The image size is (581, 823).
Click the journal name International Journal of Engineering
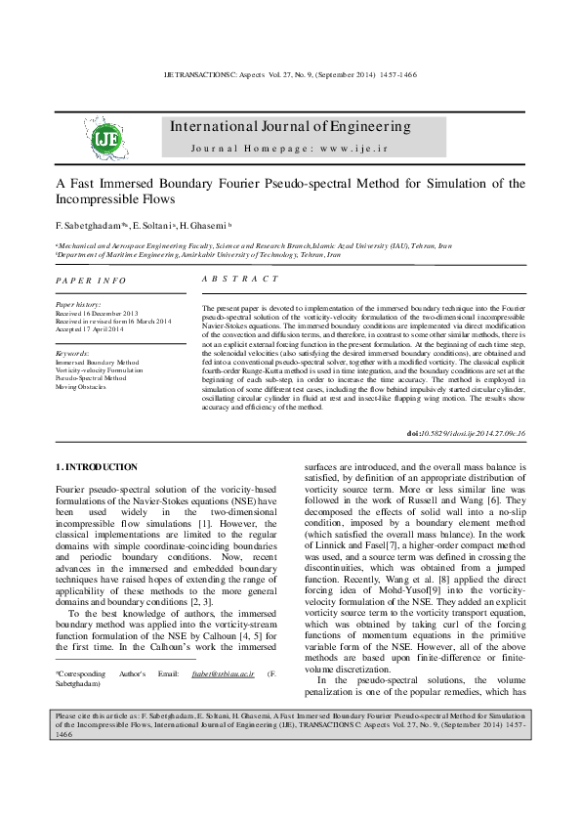point(290,127)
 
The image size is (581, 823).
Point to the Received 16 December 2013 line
point(97,313)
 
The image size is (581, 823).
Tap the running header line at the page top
point(290,74)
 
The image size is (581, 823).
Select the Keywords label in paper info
point(73,353)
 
